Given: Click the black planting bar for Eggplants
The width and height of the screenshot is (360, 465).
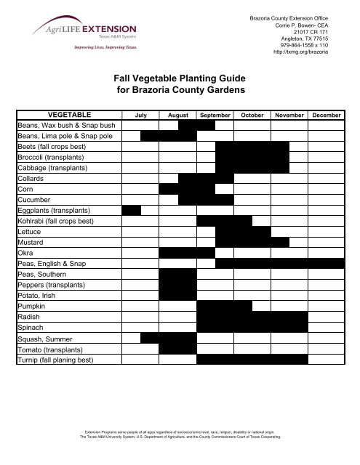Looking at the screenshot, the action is [x=131, y=210].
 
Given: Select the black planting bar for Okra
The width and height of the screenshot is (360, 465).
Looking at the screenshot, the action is [x=187, y=253].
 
